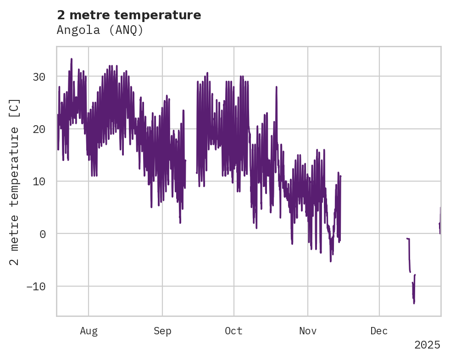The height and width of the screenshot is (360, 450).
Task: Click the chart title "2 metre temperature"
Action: click(129, 15)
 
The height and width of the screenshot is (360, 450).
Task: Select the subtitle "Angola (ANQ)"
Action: click(100, 30)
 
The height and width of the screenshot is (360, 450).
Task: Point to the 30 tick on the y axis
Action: click(39, 77)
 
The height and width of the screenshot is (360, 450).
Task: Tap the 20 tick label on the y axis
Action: click(39, 129)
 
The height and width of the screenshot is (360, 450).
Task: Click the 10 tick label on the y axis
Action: click(39, 182)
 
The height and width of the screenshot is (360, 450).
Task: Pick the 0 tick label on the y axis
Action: click(43, 234)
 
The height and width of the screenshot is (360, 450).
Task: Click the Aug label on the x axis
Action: click(89, 331)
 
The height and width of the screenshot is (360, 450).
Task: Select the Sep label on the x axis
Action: click(162, 331)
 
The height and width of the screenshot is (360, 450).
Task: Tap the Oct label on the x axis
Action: click(233, 331)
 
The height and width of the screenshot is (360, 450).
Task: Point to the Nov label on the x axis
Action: click(307, 331)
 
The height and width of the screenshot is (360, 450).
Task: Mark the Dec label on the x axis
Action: click(379, 331)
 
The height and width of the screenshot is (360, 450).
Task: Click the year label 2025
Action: click(427, 345)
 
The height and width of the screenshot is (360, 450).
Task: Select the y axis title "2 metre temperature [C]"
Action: click(15, 181)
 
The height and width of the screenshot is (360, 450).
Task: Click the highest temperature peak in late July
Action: click(72, 59)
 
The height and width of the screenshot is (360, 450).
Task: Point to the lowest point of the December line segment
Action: click(414, 303)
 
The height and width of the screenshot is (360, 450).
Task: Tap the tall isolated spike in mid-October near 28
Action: click(277, 87)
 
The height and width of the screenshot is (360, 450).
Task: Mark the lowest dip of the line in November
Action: click(331, 260)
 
